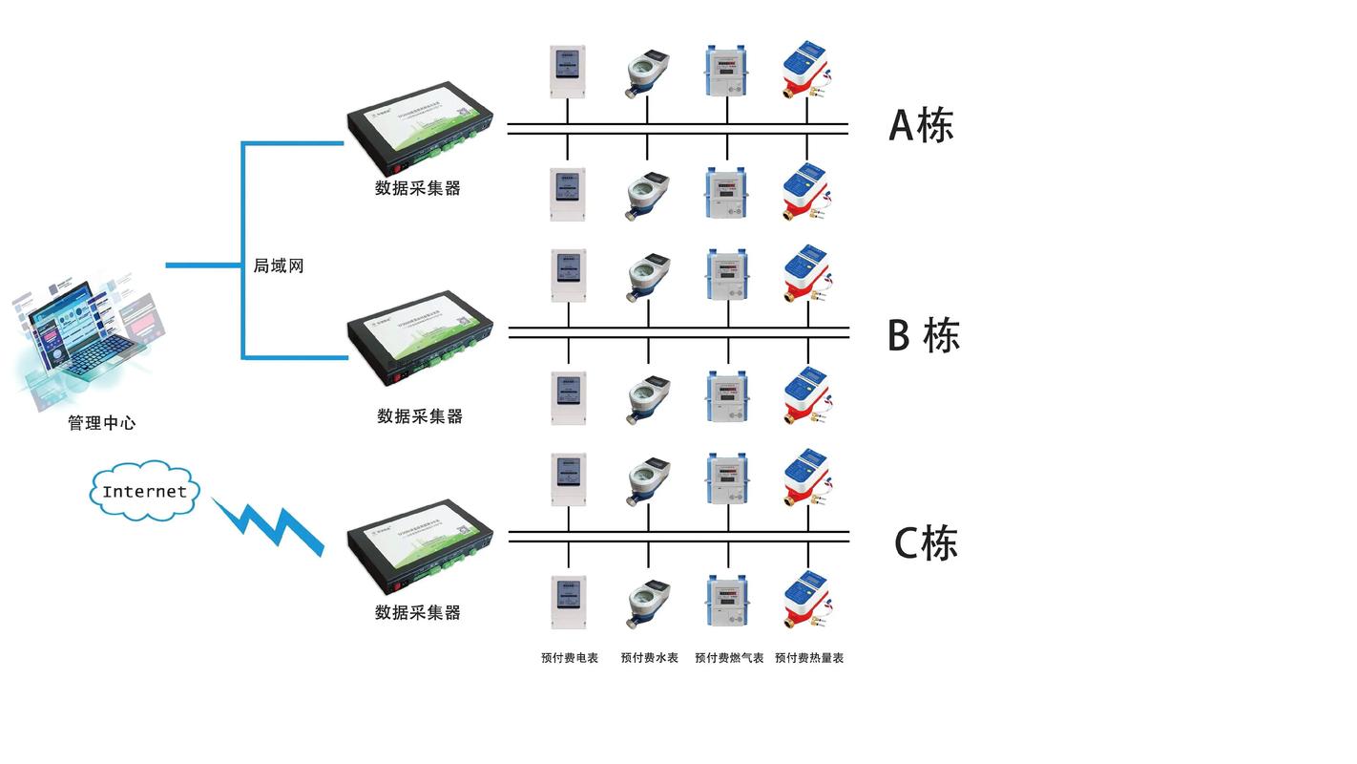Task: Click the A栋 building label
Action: [x=921, y=125]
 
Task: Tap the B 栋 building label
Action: [x=923, y=335]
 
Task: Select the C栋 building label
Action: [x=925, y=543]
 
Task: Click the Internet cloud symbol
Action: [x=145, y=492]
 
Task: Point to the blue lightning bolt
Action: [x=268, y=524]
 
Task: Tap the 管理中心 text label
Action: [x=101, y=423]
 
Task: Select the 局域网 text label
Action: [x=278, y=266]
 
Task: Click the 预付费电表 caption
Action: [x=569, y=658]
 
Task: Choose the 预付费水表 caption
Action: [x=649, y=658]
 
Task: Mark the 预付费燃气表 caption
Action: [x=729, y=658]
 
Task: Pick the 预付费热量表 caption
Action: [x=808, y=658]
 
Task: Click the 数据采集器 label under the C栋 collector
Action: [x=418, y=613]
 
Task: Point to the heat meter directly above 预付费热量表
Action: [x=806, y=601]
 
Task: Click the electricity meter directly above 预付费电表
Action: [x=568, y=602]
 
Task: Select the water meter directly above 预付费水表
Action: [x=648, y=603]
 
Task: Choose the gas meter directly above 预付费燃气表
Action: [x=727, y=601]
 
